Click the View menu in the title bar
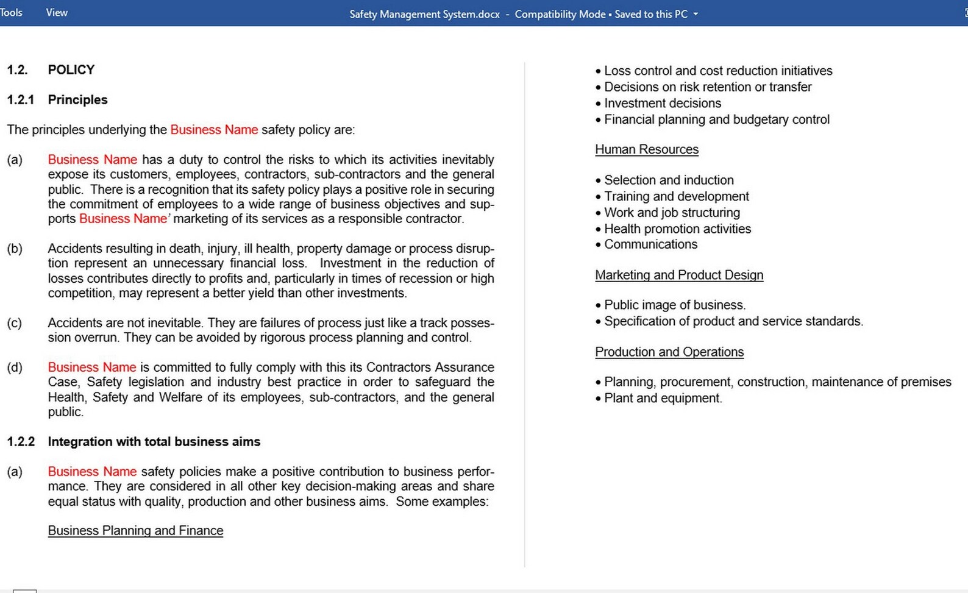pos(57,13)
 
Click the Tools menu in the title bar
pos(11,13)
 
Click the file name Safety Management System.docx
pos(424,14)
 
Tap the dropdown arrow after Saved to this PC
pos(696,14)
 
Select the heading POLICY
pos(71,70)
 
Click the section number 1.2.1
pos(21,100)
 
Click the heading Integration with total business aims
pos(154,442)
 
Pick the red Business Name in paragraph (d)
pos(92,368)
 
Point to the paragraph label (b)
pos(15,249)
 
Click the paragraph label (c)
pos(15,323)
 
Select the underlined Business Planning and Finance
pos(135,531)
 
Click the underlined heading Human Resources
pos(646,150)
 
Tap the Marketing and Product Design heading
pos(678,275)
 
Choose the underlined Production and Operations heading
pos(669,352)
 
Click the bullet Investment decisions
pos(662,104)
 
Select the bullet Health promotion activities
pos(677,229)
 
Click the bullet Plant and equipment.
pos(663,399)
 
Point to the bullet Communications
pos(650,244)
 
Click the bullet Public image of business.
pos(674,305)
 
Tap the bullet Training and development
pos(676,197)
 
